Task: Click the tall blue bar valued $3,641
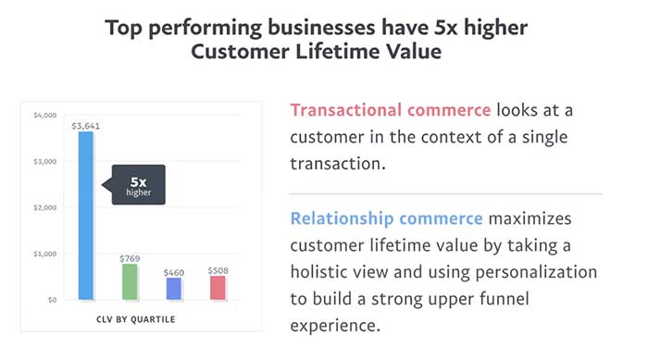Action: click(86, 215)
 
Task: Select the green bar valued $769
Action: click(130, 281)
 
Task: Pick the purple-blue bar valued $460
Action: click(173, 288)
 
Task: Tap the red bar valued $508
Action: click(217, 287)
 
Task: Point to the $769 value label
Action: click(130, 256)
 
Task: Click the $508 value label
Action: click(217, 269)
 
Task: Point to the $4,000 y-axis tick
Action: click(44, 116)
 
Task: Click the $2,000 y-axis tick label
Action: click(44, 207)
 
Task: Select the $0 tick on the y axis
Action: click(50, 300)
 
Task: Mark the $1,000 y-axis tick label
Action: click(44, 254)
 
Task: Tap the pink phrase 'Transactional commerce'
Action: click(391, 110)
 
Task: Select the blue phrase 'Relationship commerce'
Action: click(386, 219)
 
